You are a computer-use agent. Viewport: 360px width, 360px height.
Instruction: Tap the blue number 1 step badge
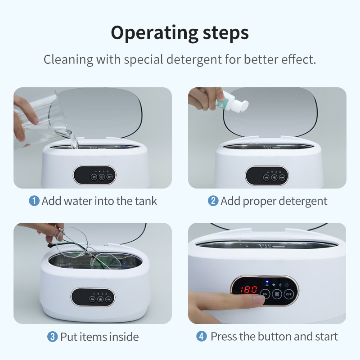point(34,201)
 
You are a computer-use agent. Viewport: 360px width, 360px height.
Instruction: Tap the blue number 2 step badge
point(213,201)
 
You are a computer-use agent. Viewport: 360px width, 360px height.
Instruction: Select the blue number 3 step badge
point(53,337)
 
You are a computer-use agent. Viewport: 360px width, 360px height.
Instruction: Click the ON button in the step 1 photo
point(94,177)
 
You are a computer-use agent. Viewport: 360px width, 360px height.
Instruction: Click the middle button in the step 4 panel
point(277,294)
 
